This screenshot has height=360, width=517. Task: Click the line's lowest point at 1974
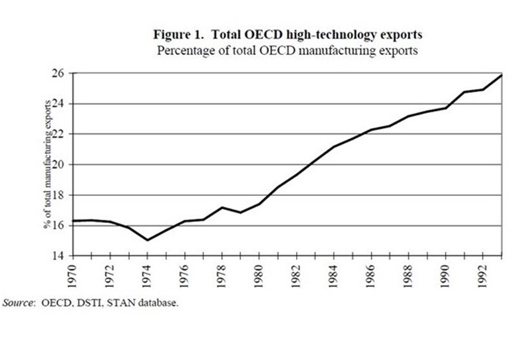(148, 240)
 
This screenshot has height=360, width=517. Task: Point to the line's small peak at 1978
(222, 207)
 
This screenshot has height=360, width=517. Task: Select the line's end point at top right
(501, 75)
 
